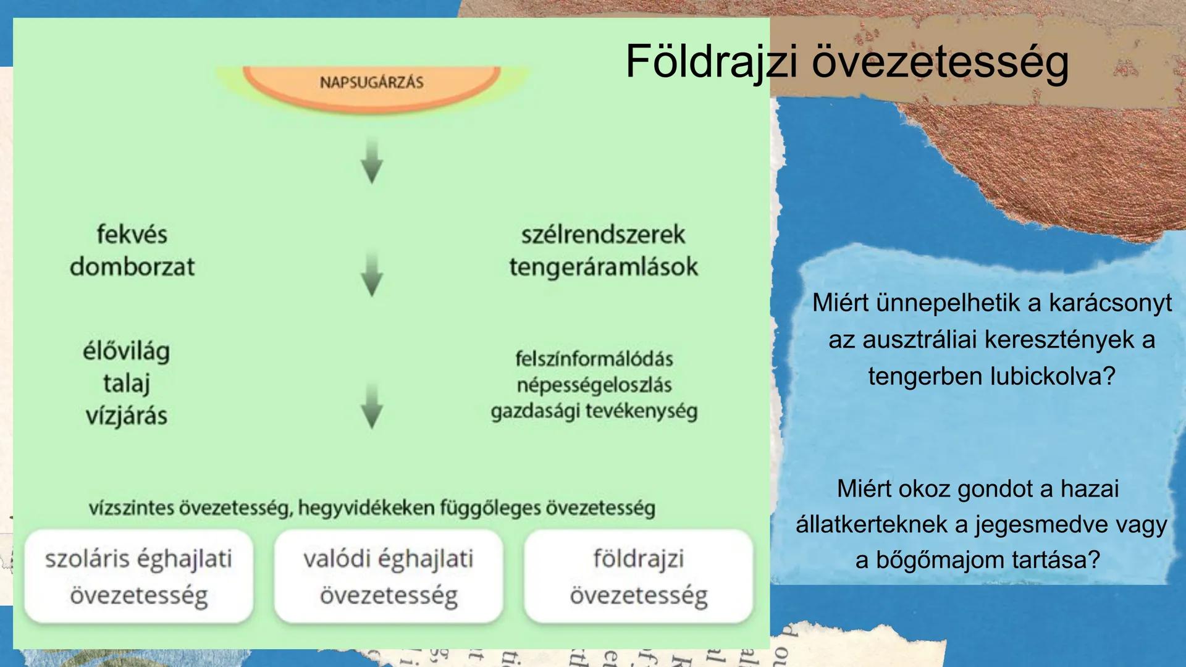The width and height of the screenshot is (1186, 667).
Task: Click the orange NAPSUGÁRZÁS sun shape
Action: (371, 86)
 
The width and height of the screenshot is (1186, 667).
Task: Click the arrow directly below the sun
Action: (371, 162)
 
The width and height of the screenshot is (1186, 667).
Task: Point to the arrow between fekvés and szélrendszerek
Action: (371, 274)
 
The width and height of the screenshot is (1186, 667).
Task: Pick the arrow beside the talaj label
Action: (371, 406)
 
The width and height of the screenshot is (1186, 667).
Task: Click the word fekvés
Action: (132, 235)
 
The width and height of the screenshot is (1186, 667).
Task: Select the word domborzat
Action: (132, 267)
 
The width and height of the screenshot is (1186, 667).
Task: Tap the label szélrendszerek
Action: (603, 235)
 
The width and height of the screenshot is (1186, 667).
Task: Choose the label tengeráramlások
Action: (603, 267)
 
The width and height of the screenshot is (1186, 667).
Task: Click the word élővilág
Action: (127, 351)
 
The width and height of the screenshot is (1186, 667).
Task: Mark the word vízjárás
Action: (127, 416)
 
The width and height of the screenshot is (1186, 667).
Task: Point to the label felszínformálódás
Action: (594, 359)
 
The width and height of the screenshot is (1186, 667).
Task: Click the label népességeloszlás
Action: (594, 385)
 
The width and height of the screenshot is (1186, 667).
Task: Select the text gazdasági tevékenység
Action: (594, 411)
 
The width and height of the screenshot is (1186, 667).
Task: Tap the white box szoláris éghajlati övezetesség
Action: (138, 576)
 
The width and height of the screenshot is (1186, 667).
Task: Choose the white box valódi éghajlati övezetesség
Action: (389, 576)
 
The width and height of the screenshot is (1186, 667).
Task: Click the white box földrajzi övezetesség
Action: (639, 576)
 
